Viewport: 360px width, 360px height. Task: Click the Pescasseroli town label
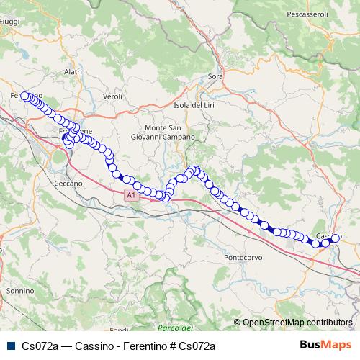[327, 14]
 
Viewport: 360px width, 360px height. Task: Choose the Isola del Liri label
[196, 105]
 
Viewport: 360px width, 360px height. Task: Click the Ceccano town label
[68, 184]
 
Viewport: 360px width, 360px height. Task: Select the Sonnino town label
[19, 290]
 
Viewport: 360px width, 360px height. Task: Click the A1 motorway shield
[130, 195]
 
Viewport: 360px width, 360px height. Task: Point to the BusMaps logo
[325, 345]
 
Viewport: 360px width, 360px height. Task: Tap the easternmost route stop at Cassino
[336, 238]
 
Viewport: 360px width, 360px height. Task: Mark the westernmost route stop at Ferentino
[24, 96]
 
